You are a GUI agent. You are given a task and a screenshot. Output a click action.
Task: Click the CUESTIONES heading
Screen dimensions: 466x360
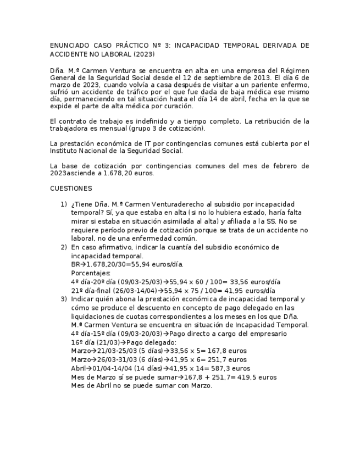tap(71, 188)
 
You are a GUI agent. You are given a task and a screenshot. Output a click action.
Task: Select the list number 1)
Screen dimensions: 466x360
tap(64, 204)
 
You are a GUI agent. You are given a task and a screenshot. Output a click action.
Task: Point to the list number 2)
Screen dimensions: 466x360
tap(64, 247)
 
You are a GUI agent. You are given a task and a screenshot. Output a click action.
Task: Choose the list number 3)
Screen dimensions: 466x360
tap(64, 299)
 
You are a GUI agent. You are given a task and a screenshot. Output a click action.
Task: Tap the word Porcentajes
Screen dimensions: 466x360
tap(91, 273)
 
